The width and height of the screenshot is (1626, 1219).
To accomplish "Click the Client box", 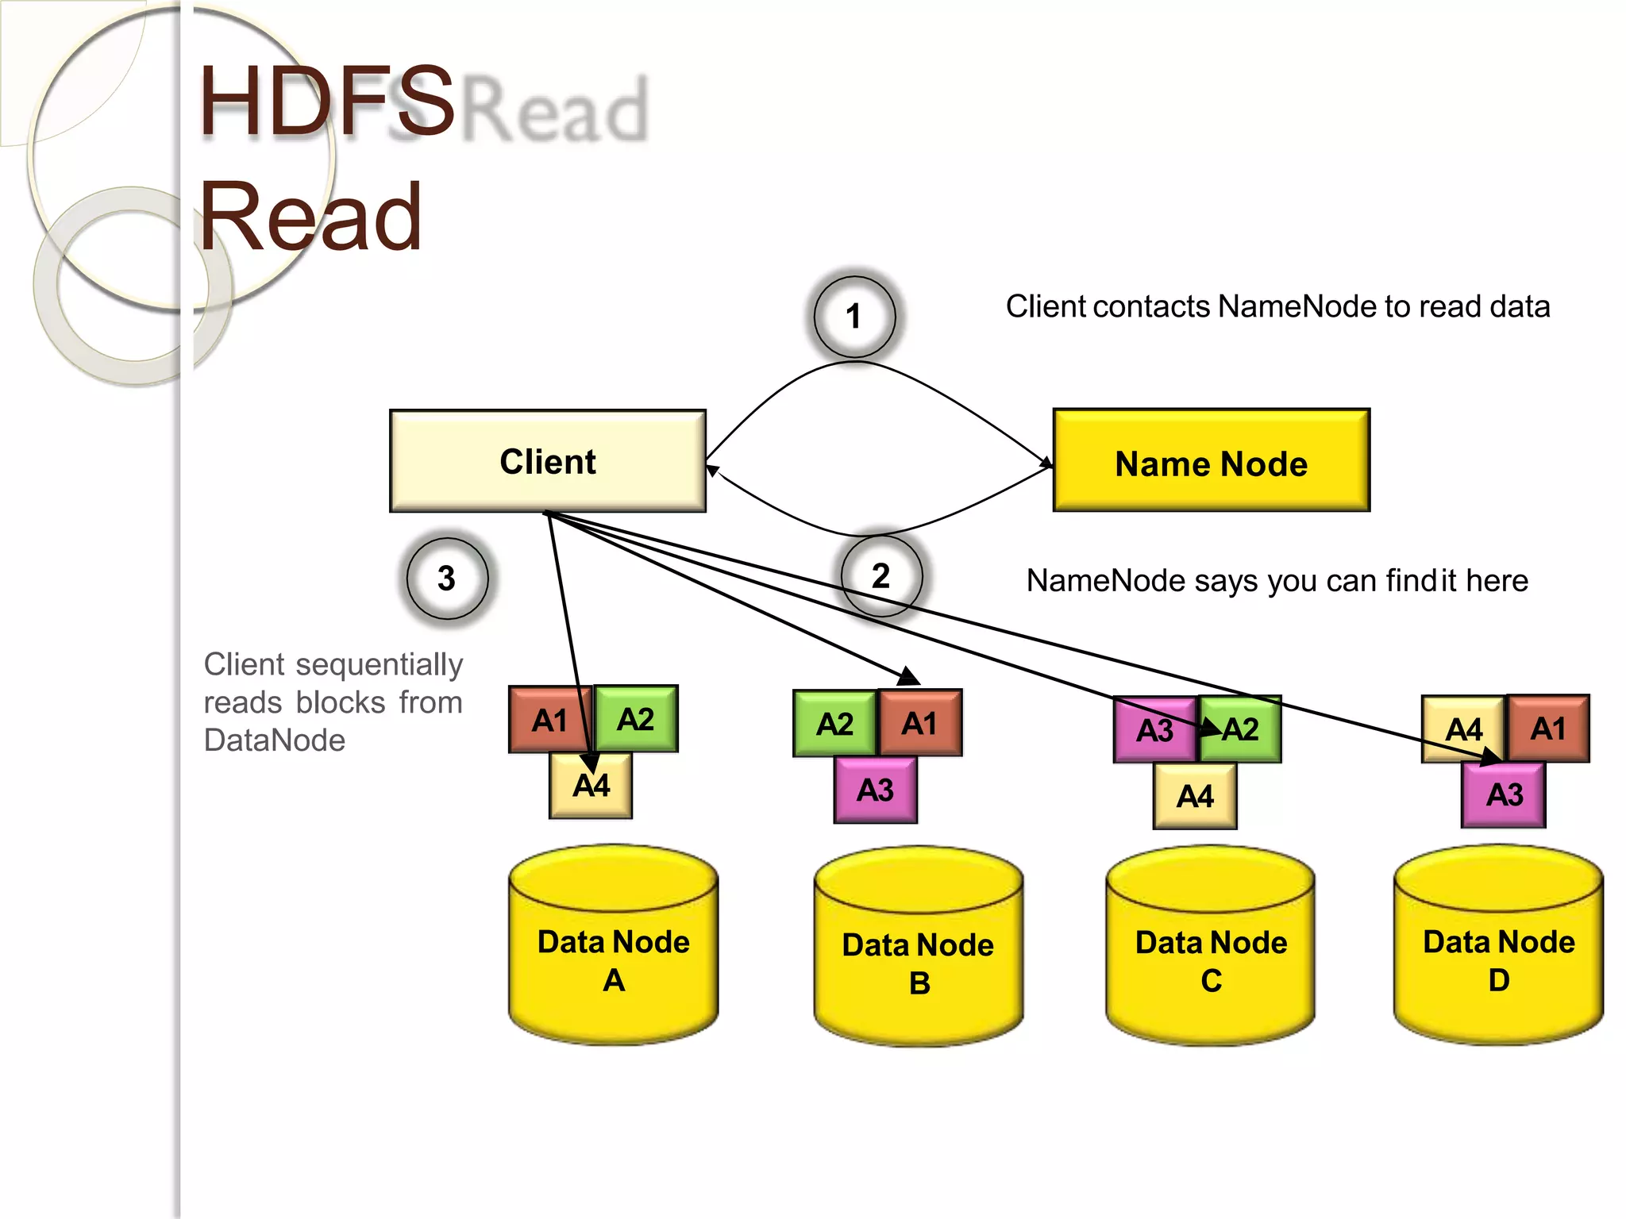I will pos(548,461).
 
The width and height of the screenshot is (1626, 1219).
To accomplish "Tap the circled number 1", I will pos(854,317).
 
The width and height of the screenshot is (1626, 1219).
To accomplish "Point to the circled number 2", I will pos(881,576).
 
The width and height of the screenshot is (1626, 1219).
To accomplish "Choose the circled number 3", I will pos(447,578).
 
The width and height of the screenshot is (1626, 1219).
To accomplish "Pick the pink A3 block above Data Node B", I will pos(875,790).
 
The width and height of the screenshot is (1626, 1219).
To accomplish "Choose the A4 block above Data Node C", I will pos(1195,796).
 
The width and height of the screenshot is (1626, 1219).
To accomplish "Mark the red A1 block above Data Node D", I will pos(1548,729).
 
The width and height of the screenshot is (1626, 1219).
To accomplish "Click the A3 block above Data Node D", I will pos(1504,794).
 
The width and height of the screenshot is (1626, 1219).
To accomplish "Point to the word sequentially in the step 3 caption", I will pos(379,665).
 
